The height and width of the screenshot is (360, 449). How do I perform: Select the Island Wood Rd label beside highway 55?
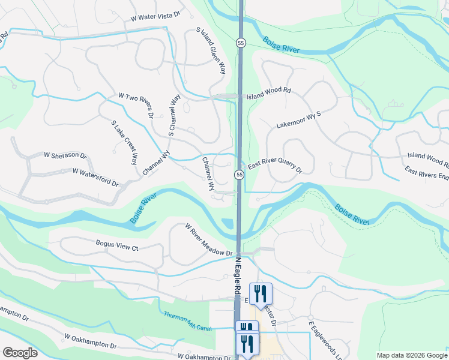coord(268,93)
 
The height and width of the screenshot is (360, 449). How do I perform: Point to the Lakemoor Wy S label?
coord(299,119)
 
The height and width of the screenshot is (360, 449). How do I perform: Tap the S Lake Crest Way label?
coord(124,142)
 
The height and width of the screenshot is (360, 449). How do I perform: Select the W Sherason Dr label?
coord(61,155)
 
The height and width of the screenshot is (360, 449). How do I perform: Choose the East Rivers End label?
coord(427,175)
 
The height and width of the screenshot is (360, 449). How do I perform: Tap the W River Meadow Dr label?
coord(208,241)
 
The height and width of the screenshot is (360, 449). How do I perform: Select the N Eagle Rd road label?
coord(238,274)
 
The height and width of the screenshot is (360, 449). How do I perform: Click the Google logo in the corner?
coord(20,353)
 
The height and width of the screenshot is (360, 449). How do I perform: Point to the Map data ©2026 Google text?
coord(411,355)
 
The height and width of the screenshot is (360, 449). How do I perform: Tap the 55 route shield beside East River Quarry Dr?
coord(239,175)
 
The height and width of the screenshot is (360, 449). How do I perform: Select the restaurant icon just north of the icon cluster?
coord(261,293)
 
